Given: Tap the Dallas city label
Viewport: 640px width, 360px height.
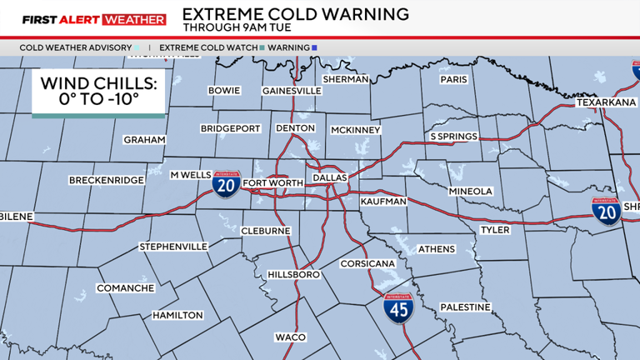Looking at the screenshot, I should pos(329,177).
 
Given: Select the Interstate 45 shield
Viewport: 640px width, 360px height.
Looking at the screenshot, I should pos(397,308).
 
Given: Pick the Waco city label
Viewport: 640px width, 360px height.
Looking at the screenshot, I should pos(291,337).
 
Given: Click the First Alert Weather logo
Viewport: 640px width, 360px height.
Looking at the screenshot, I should pos(83,19).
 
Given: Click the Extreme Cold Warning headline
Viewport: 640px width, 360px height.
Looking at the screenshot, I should pos(295,14).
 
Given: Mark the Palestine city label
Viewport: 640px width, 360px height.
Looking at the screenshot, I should pos(465,307).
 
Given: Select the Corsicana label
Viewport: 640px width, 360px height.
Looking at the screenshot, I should pos(367,263).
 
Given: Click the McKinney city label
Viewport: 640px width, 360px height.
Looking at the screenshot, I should pos(355,130).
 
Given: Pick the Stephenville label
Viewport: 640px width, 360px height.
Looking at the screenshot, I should pos(173,247).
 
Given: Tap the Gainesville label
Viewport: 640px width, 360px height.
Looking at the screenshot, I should pos(292,90).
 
